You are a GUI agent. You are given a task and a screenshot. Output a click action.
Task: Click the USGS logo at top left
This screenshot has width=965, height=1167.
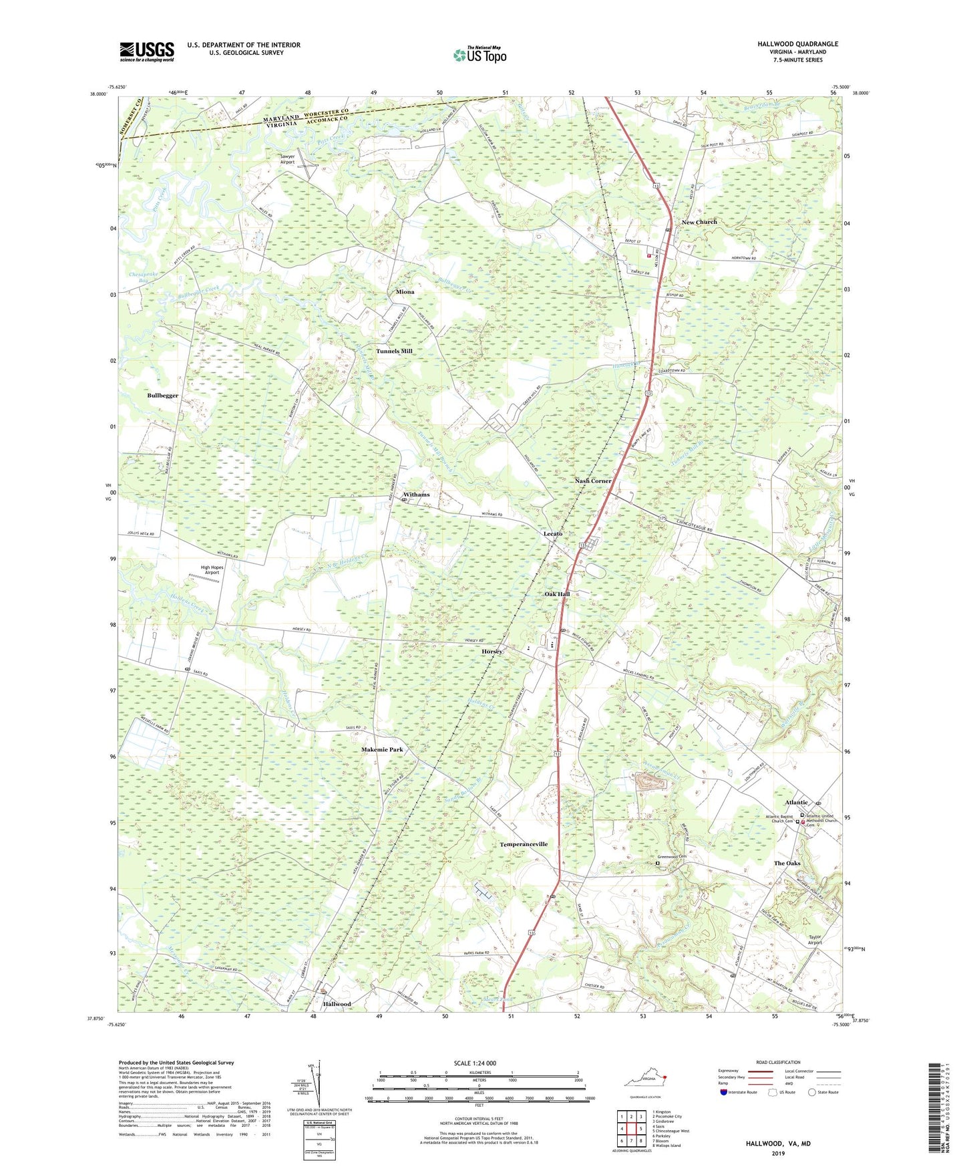click(147, 51)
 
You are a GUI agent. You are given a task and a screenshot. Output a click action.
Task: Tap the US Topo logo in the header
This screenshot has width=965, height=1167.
click(479, 55)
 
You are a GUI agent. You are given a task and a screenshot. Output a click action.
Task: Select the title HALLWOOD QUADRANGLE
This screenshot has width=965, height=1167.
click(797, 44)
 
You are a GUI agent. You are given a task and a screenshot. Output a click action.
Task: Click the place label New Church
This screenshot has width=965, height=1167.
click(699, 222)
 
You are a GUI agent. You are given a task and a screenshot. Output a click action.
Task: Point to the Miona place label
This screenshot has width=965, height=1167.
click(405, 292)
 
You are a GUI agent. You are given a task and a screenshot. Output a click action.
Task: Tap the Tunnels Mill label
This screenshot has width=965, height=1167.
click(394, 351)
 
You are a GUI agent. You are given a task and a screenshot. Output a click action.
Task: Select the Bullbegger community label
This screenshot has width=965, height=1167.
click(163, 396)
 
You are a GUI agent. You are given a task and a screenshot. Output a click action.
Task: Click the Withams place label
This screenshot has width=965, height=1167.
click(416, 495)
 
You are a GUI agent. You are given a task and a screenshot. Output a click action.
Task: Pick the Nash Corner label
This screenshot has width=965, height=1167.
click(593, 481)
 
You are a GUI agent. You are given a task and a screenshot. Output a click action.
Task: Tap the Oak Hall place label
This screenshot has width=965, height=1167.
click(557, 594)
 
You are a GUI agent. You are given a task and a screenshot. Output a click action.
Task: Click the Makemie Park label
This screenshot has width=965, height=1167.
click(382, 750)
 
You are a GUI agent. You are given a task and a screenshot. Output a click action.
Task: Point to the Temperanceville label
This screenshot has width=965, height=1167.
click(524, 844)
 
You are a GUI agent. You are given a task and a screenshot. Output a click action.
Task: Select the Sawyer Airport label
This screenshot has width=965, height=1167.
click(287, 159)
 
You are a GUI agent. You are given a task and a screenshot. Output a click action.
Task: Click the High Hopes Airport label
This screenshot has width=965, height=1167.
click(212, 570)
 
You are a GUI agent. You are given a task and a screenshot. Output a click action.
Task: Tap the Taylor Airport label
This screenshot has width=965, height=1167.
click(814, 939)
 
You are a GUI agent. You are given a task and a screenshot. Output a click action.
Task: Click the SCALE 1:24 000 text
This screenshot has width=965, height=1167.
click(475, 1063)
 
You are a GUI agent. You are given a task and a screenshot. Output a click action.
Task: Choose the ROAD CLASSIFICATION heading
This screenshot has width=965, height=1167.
click(778, 1062)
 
